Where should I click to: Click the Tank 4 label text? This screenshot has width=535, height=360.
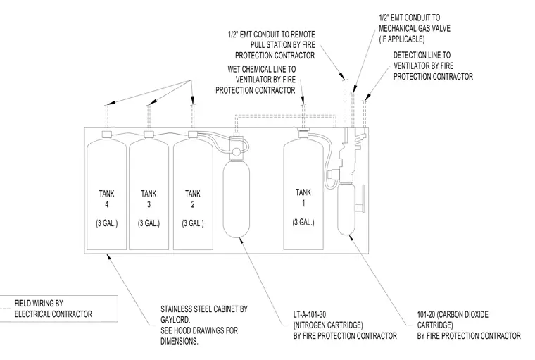point(106,199)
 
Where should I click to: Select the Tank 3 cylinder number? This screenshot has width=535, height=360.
point(149,204)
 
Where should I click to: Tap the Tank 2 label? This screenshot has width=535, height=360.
point(193,199)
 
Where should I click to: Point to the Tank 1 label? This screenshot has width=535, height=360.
point(303,197)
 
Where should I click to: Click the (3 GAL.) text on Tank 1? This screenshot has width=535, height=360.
point(303,223)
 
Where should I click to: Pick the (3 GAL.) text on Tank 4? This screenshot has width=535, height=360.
point(106,223)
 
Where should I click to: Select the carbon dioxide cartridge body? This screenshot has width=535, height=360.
point(346,209)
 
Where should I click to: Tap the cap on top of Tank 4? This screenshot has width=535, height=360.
point(107,135)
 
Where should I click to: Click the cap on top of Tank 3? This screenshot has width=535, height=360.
point(149,135)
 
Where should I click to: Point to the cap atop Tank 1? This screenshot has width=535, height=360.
point(303,132)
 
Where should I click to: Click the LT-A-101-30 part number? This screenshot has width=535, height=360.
point(310,314)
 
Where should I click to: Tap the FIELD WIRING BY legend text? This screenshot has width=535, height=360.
point(39,304)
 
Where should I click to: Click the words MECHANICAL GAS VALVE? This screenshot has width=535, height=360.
point(415,28)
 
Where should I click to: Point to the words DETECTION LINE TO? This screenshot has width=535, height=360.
point(422,56)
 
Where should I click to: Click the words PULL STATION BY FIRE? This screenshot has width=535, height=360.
point(283,45)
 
